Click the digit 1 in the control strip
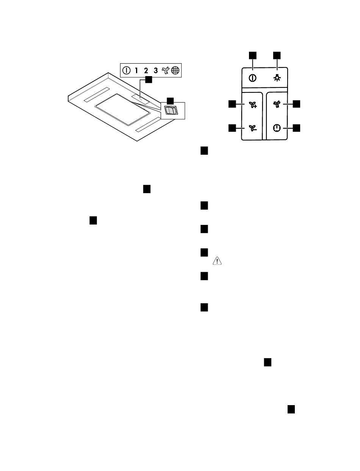(x=136, y=70)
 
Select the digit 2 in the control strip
(x=146, y=70)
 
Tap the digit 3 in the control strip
(x=156, y=70)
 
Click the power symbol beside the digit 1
(x=126, y=70)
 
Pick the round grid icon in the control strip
(x=175, y=70)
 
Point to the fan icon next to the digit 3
(x=166, y=70)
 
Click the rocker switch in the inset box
(x=171, y=111)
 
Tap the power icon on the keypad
(x=252, y=78)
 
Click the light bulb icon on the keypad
(x=277, y=78)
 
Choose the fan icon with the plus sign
(x=253, y=105)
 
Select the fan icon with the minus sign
(x=253, y=128)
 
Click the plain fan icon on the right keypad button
(x=277, y=104)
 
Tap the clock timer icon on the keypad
(x=277, y=128)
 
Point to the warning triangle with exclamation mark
(x=217, y=261)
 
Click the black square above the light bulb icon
(x=277, y=55)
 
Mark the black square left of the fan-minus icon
(x=232, y=128)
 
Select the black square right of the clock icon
(x=296, y=128)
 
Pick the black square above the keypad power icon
(x=253, y=55)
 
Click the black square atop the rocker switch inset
(x=170, y=101)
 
